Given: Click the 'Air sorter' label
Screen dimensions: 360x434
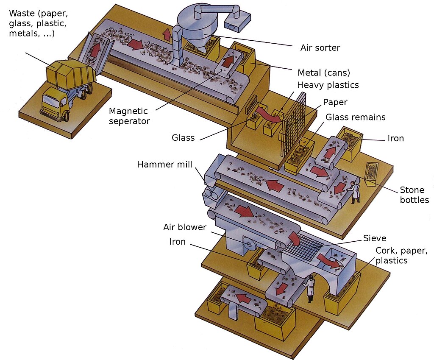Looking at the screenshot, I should click(320, 48).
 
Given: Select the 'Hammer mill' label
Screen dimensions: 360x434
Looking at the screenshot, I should click(164, 165).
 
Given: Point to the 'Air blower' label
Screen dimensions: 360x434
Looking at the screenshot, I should click(185, 227).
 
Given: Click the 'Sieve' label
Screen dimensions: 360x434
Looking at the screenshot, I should click(375, 238).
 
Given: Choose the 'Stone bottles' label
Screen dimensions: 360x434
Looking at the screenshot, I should click(415, 195).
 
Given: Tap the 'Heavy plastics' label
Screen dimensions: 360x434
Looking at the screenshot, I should click(328, 85).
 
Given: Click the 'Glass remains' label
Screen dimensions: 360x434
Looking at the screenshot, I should click(355, 117).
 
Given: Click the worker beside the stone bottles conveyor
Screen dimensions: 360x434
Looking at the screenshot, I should click(354, 192).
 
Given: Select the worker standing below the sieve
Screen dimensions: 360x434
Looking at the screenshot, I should click(310, 288).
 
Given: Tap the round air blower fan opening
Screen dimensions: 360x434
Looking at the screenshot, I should click(250, 245).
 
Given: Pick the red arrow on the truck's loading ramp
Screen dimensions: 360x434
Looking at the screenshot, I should click(95, 48).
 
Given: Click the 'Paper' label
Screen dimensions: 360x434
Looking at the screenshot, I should click(335, 102).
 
